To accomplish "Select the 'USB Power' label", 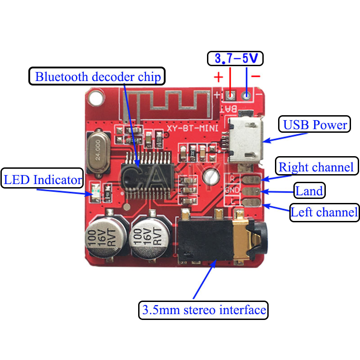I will [315, 125].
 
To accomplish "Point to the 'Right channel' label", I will [316, 167].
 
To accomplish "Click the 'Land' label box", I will [309, 191].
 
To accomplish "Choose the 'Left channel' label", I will [324, 212].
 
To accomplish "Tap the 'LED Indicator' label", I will [43, 180].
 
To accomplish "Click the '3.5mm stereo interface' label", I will [203, 310].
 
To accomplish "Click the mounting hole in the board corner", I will [95, 96].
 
